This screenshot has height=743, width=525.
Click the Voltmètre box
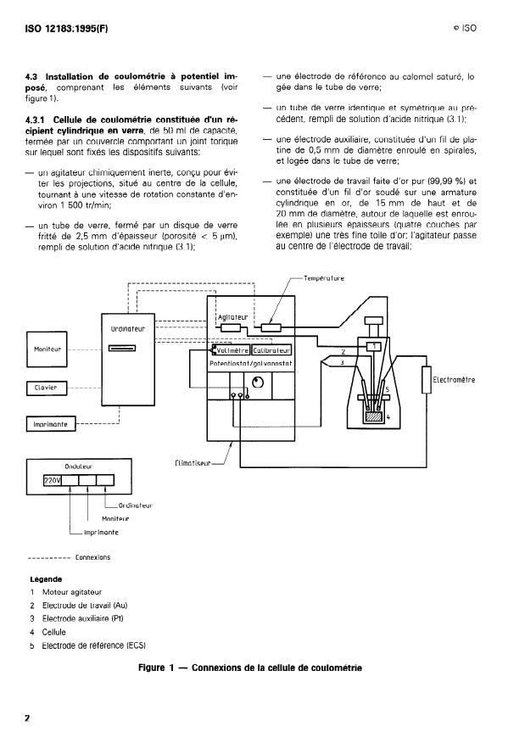[x=232, y=349]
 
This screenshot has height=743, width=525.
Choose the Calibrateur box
[x=271, y=349]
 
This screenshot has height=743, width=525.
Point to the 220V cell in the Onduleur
[x=53, y=481]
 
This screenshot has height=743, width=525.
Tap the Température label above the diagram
[x=323, y=278]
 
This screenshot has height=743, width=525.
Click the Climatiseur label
[x=192, y=463]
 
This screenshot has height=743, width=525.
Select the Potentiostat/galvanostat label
[x=250, y=363]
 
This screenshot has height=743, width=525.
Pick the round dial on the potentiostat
[x=259, y=381]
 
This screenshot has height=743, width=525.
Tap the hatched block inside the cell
[x=371, y=416]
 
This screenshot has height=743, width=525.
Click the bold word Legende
[x=47, y=580]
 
